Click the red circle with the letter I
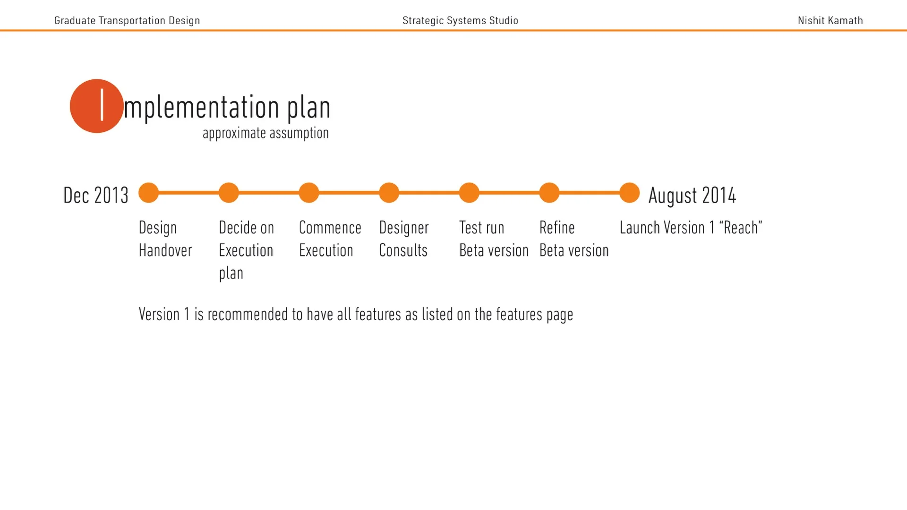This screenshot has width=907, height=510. point(96,106)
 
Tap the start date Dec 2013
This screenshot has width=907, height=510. point(95,195)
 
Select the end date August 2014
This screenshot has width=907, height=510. point(692,195)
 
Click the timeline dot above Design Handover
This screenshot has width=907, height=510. point(148,193)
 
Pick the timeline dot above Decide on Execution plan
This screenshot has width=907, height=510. point(229,193)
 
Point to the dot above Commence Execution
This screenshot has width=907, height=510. point(309,193)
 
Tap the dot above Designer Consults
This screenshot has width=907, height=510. point(389,193)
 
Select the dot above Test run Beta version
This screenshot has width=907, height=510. point(469,193)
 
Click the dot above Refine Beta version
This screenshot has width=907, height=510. point(549,193)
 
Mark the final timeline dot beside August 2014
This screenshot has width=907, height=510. point(629,193)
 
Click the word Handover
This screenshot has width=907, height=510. point(165,250)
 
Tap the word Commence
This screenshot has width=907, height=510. point(330,228)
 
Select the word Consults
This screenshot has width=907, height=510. point(403,250)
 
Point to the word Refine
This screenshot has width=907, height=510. point(557,228)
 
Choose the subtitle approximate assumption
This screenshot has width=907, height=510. point(265,133)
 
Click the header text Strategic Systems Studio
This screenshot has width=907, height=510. point(460,20)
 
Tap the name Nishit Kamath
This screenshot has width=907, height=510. point(830,20)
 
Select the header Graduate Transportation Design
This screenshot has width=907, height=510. point(127,20)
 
